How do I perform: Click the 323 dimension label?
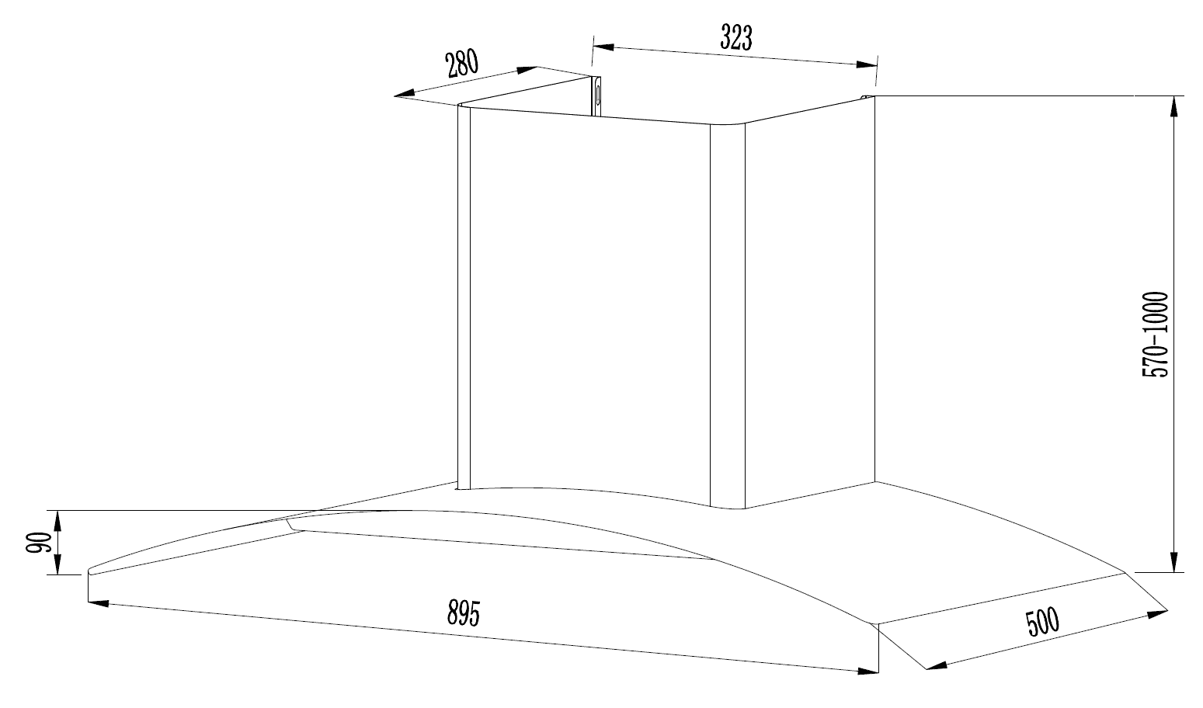pos(736,37)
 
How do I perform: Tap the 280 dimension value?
pos(462,64)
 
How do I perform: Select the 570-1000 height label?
pos(1155,335)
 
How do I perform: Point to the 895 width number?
pos(464,613)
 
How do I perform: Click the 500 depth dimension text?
pos(1043,622)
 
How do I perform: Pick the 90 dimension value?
pos(38,543)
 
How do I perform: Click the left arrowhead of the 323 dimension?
pos(603,47)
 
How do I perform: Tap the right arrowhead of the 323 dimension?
pos(866,65)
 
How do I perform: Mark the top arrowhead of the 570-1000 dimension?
pos(1173,106)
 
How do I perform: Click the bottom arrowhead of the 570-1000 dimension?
pos(1173,561)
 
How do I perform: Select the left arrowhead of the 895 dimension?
pos(99,604)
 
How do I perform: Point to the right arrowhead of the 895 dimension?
pos(868,671)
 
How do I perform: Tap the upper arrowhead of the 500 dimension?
pos(1157,613)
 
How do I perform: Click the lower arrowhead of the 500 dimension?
pos(937,666)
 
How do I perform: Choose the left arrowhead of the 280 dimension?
pos(405,94)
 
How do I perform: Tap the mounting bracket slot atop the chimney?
pos(596,95)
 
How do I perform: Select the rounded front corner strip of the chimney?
pos(728,316)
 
